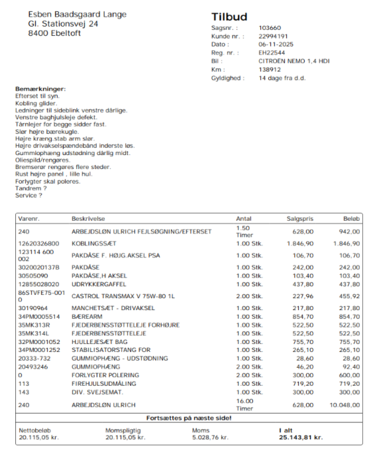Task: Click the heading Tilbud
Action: tap(229, 17)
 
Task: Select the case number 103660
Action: tap(270, 28)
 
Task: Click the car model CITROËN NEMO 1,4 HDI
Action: tap(294, 61)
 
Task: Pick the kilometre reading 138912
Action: tap(270, 69)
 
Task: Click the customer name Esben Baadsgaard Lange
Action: tap(77, 14)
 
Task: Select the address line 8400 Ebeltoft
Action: tap(54, 33)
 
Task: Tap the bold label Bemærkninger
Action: tap(41, 89)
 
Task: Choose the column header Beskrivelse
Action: tap(88, 218)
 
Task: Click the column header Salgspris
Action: tap(300, 218)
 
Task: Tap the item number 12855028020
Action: tap(39, 284)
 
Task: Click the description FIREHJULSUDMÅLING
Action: tap(104, 384)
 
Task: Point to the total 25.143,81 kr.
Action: tap(301, 437)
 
